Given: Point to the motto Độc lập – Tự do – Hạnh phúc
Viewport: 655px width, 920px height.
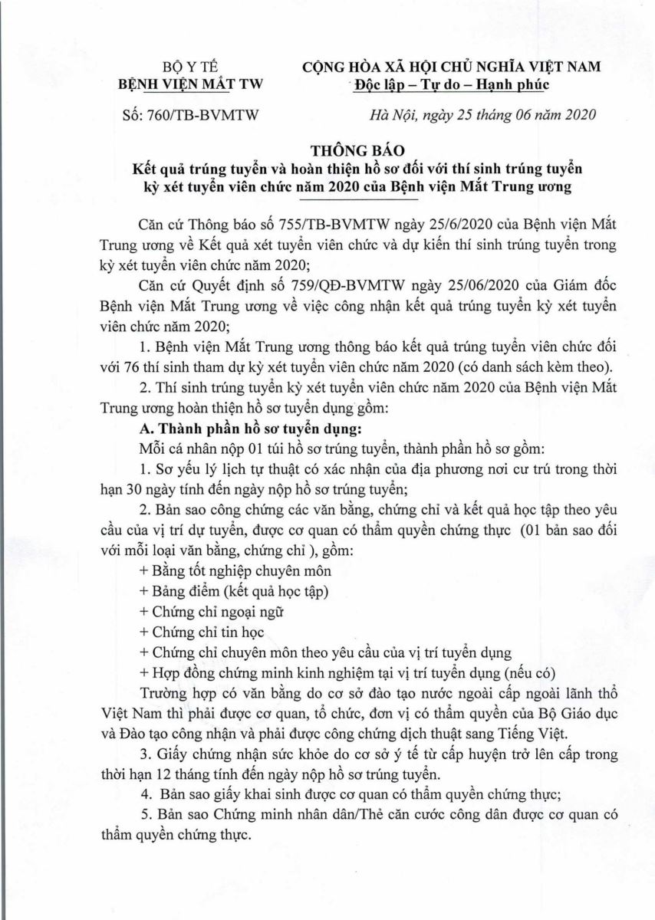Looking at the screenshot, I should tap(452, 84).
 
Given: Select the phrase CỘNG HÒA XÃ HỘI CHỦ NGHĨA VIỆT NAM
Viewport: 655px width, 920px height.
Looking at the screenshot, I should tap(452, 67).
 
